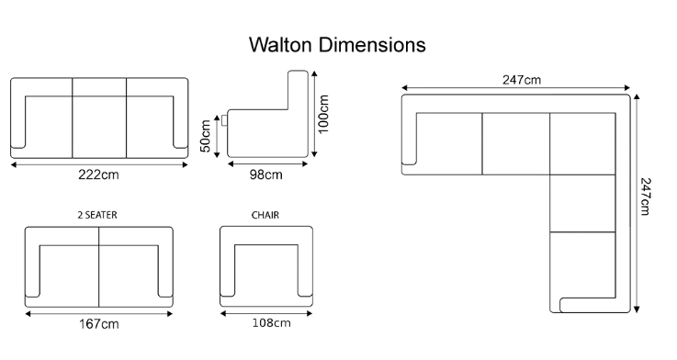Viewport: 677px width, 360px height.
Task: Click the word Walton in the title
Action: [x=280, y=45]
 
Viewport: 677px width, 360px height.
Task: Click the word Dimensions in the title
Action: [x=373, y=45]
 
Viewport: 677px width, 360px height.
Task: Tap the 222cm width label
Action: [x=98, y=174]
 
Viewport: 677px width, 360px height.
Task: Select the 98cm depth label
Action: [x=266, y=174]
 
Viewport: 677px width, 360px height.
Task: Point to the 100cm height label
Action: [x=323, y=114]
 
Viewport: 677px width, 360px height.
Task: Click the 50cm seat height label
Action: [x=206, y=136]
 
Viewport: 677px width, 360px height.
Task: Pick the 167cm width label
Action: [x=99, y=324]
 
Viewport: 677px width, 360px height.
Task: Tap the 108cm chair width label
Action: [x=272, y=323]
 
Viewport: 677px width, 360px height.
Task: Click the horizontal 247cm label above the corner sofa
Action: [x=522, y=80]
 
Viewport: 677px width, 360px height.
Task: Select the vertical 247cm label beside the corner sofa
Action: [x=645, y=197]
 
